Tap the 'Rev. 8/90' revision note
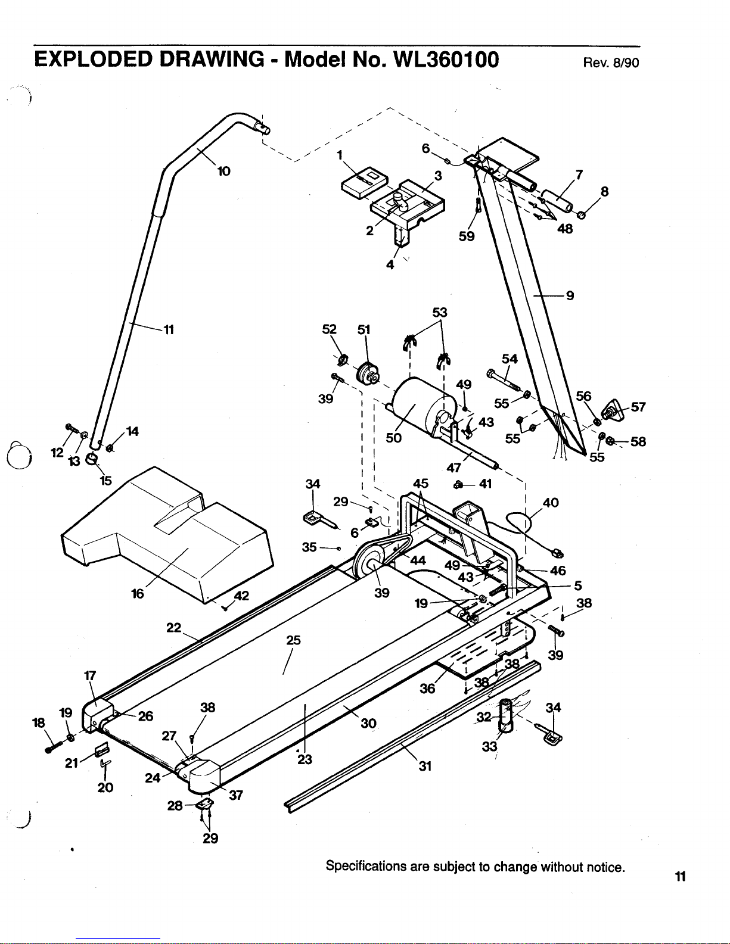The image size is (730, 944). pos(611,63)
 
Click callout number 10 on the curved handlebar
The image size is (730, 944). pos(224,172)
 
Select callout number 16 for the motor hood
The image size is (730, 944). pos(137,593)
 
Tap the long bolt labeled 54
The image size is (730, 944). pos(504,380)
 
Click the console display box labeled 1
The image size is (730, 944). pos(364,182)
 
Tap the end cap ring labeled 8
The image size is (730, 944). pos(581,214)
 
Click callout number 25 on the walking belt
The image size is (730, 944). pos(293,640)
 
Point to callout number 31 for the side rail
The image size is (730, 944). pos(425,767)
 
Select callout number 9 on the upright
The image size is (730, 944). pos(570,295)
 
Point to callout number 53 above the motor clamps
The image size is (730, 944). pos(440,312)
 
